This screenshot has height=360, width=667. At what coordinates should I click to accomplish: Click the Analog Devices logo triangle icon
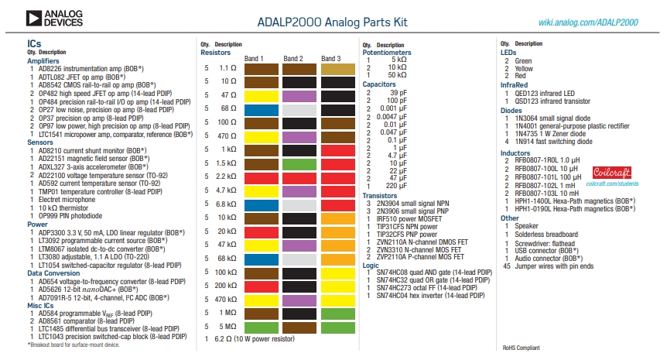click(x=33, y=19)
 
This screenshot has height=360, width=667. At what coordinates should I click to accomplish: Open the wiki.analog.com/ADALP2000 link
click(x=588, y=22)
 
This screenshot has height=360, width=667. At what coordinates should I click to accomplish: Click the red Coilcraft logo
click(x=612, y=173)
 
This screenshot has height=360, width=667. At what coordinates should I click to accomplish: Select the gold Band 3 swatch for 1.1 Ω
click(x=337, y=69)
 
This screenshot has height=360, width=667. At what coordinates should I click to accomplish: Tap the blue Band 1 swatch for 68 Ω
click(x=262, y=110)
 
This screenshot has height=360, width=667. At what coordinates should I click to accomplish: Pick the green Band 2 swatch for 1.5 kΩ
click(x=299, y=164)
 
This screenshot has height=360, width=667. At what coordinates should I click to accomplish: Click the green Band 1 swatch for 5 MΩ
click(x=262, y=327)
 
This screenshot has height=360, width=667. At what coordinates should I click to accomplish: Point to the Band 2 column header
click(x=293, y=58)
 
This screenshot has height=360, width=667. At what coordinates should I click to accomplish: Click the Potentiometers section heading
click(x=387, y=53)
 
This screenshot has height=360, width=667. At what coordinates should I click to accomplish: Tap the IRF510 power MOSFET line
click(x=409, y=219)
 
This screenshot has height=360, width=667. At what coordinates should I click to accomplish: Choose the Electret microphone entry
click(x=67, y=200)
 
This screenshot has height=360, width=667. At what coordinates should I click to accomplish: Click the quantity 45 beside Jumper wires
click(x=507, y=266)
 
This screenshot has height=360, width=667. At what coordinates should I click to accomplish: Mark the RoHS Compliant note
click(x=521, y=348)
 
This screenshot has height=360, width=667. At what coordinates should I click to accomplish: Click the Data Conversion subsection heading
click(x=53, y=273)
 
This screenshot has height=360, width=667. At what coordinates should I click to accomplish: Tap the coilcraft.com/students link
click(x=612, y=183)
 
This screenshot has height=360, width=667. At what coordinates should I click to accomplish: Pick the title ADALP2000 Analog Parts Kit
click(x=332, y=22)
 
